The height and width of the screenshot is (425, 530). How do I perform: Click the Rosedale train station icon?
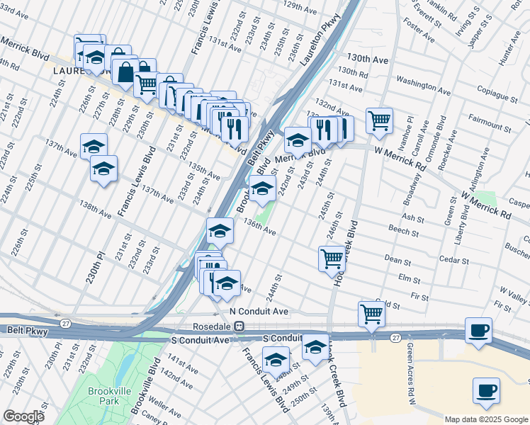click(x=239, y=327)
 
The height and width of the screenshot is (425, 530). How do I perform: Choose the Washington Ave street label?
click(x=423, y=86)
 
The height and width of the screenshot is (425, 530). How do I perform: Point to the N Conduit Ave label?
click(x=259, y=312)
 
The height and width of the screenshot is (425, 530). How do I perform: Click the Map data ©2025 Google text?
click(x=485, y=419)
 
